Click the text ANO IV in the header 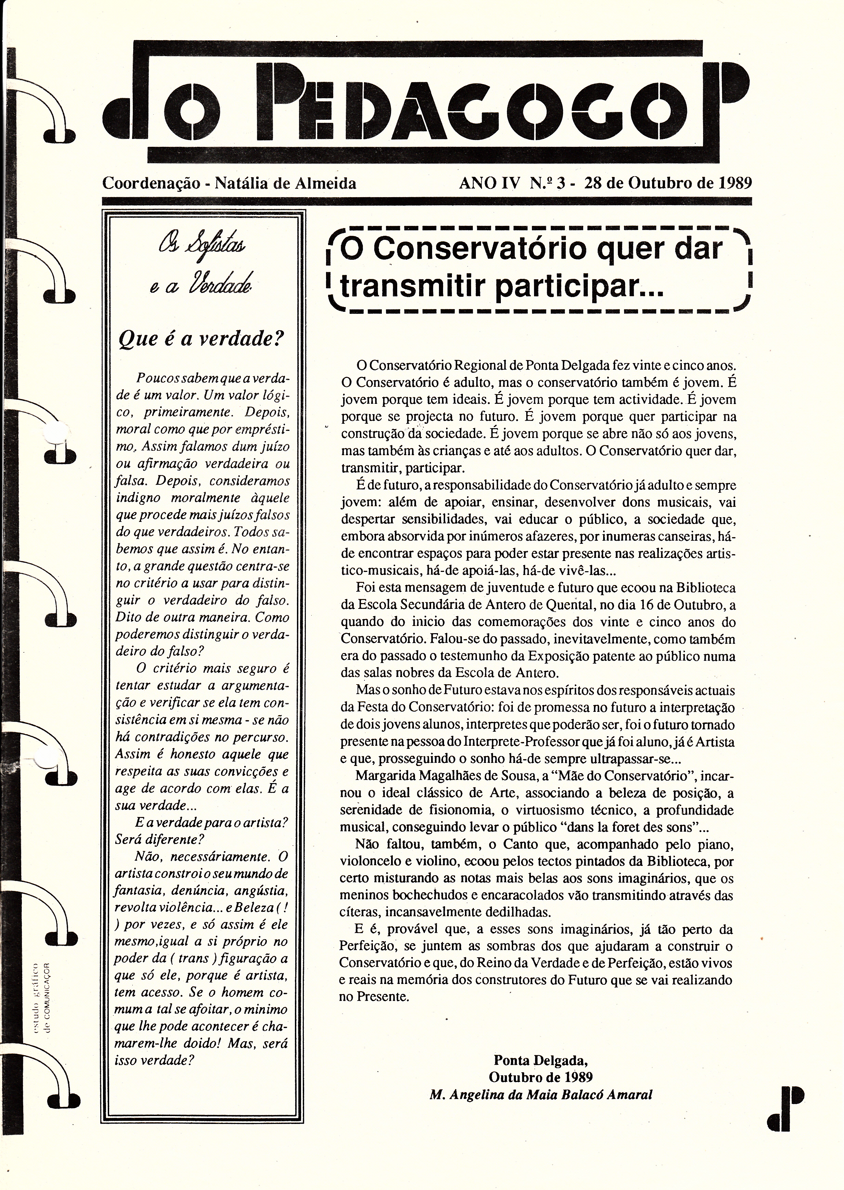(489, 183)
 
